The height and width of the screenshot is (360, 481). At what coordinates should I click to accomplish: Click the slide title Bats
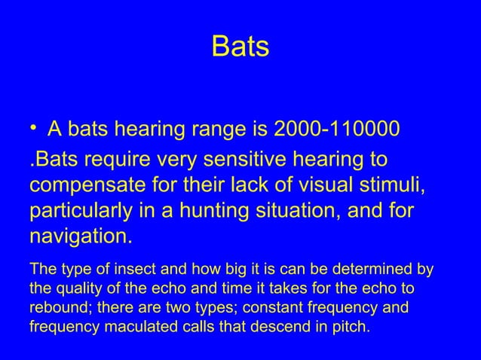pos(240,47)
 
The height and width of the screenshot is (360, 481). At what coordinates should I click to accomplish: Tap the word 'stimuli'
pos(387,186)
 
